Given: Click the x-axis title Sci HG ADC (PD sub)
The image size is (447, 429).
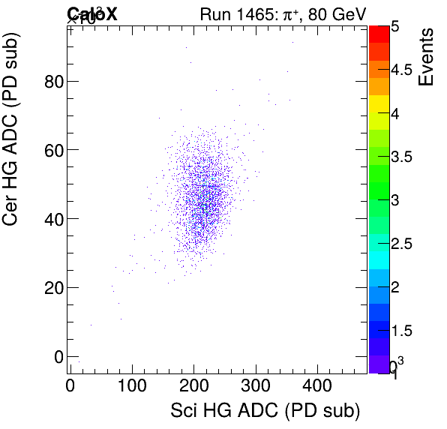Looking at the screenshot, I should [x=265, y=411].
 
